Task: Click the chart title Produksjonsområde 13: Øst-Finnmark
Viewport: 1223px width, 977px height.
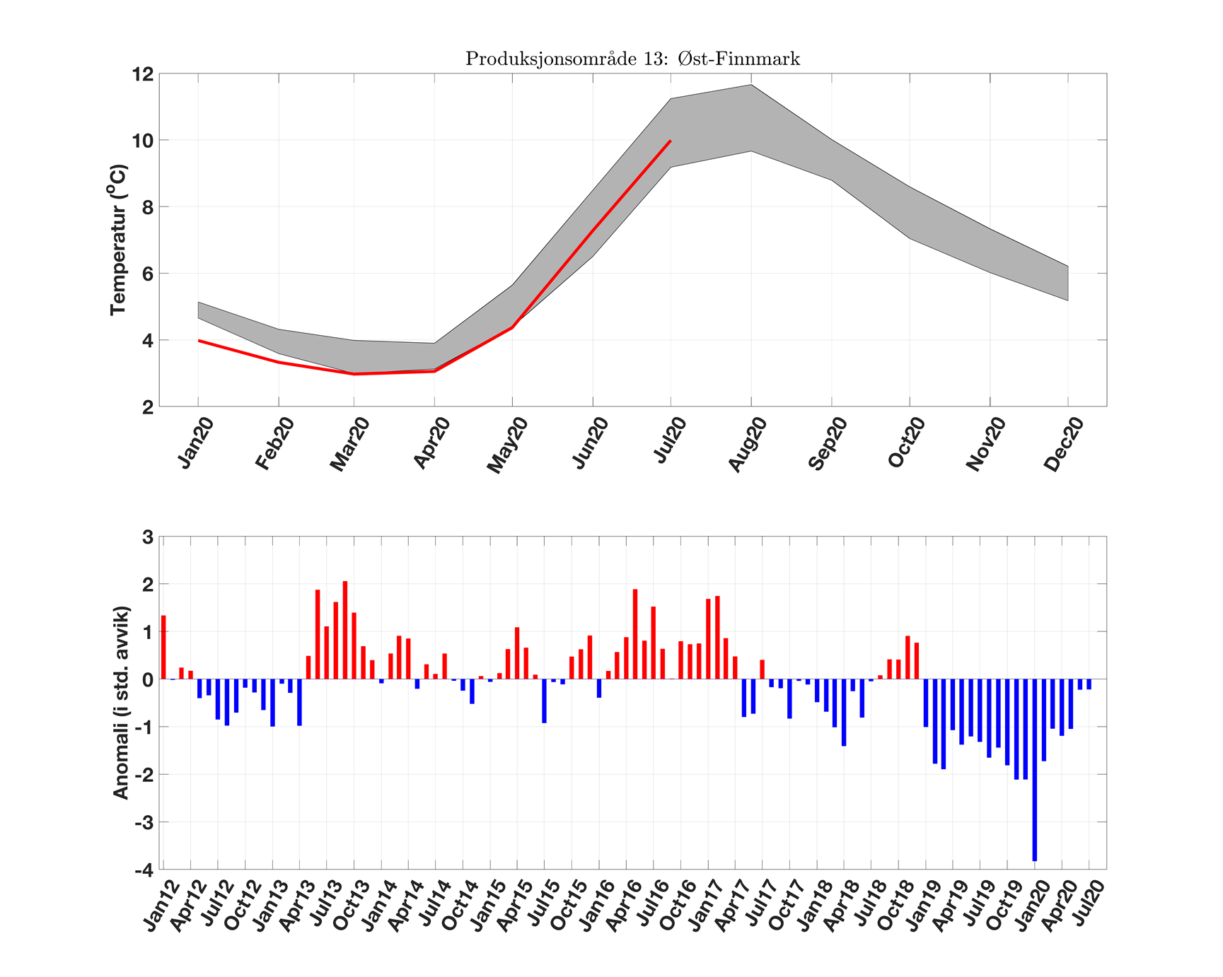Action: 632,59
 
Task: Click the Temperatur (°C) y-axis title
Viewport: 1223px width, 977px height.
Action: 118,240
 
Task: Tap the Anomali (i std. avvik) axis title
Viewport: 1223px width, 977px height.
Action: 121,703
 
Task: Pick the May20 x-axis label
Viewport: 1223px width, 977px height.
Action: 507,445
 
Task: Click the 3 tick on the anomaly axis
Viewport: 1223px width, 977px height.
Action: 148,537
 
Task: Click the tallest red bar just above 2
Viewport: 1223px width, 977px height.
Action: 345,630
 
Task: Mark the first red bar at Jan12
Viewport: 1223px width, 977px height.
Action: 163,647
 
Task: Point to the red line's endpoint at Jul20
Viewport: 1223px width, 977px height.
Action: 670,141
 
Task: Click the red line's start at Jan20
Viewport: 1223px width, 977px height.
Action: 199,341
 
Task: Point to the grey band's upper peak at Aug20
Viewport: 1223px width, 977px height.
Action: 750,86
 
